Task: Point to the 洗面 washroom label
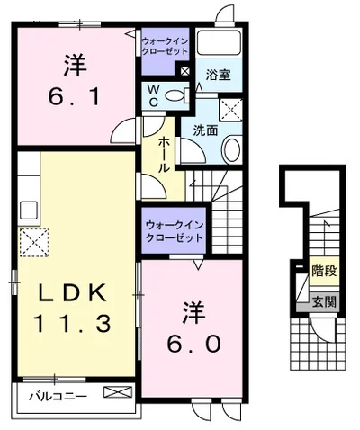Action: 205,130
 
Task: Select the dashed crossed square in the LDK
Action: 34,241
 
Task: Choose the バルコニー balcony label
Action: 56,394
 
